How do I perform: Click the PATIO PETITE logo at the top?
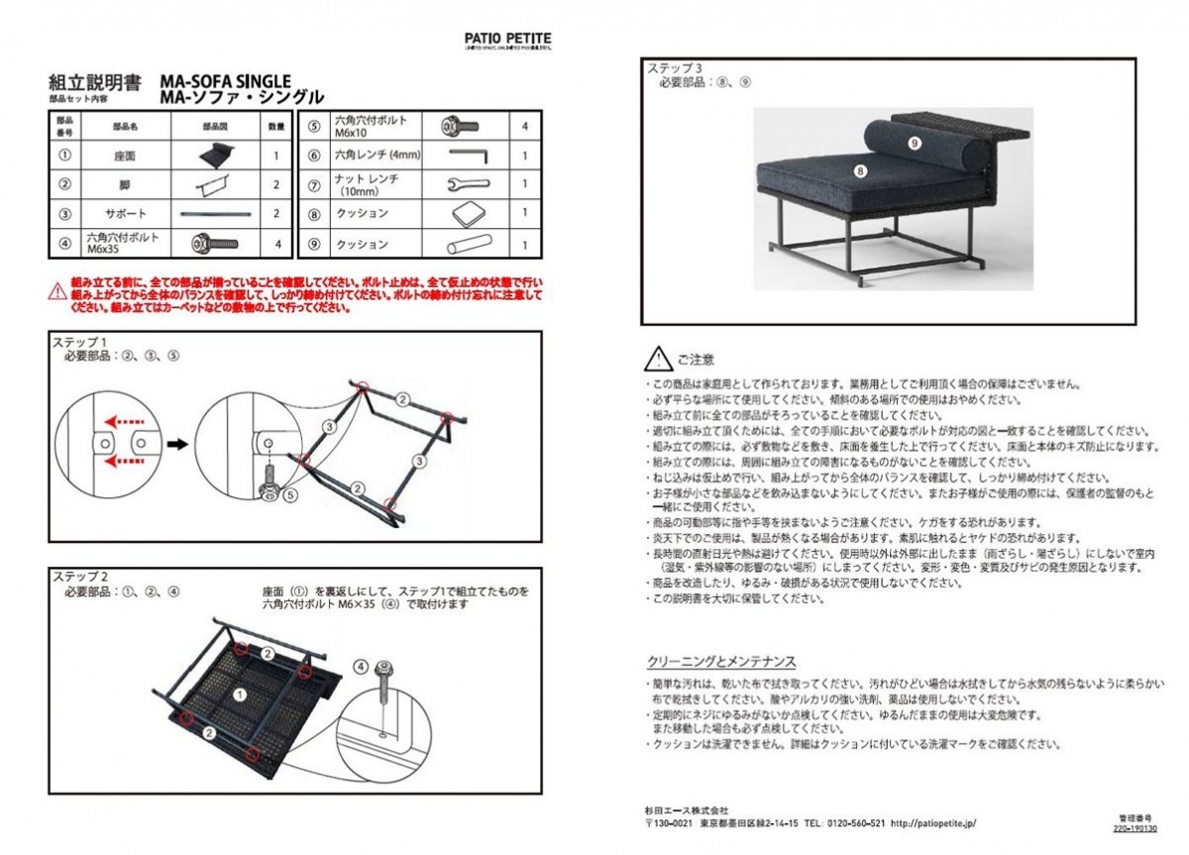click(508, 39)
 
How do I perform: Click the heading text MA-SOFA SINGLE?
click(225, 80)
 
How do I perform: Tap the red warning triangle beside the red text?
click(58, 292)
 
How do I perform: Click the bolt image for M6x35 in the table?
click(211, 242)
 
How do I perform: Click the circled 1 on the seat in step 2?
click(238, 695)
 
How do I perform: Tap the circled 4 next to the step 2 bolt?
click(361, 667)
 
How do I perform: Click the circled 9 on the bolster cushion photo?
click(914, 144)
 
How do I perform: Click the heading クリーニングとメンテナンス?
click(721, 662)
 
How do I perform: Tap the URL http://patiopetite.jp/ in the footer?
click(934, 822)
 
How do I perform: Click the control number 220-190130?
click(1135, 827)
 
